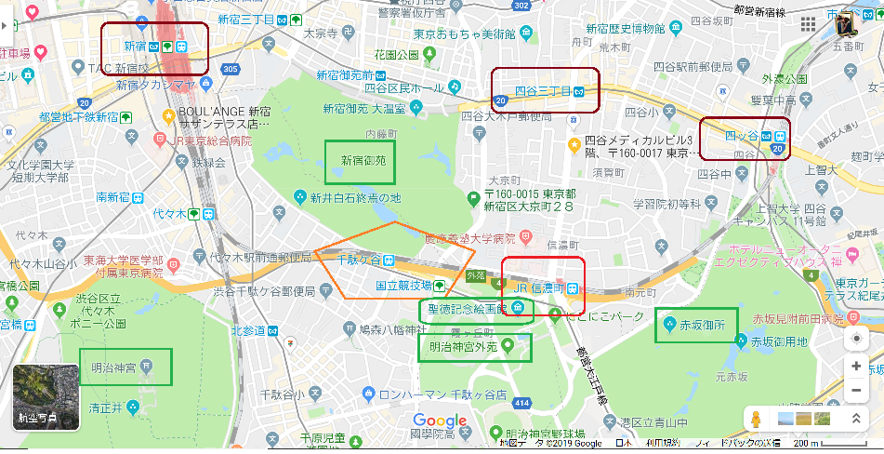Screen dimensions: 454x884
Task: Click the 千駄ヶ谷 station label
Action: (358, 260)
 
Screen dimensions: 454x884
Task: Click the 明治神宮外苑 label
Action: (459, 346)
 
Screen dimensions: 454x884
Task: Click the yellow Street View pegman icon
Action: (756, 419)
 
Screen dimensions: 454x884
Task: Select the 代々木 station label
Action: (170, 213)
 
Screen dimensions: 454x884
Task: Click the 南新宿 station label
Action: (114, 197)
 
